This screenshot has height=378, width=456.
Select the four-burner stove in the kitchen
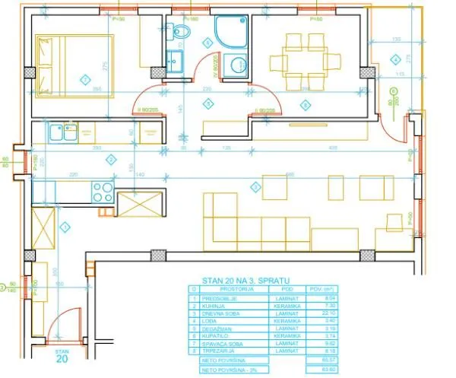102,191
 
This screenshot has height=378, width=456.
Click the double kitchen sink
62,134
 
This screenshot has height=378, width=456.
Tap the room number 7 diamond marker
85,78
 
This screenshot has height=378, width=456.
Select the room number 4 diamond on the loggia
395,59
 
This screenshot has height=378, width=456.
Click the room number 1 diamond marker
65,226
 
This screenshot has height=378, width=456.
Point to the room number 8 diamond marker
306,103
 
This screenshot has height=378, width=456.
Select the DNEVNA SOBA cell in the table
228,313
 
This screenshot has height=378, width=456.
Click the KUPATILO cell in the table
225,335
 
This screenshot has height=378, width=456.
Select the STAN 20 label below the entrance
62,357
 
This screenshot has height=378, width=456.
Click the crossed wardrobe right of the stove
138,203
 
